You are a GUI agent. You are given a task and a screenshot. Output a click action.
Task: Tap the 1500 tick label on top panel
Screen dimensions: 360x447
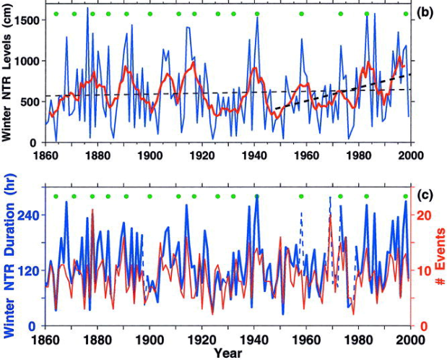click(x=26, y=20)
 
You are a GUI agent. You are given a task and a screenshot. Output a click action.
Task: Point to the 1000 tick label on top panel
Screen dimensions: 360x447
click(x=26, y=61)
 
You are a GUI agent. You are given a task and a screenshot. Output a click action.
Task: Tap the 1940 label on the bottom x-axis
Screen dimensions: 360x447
click(x=254, y=340)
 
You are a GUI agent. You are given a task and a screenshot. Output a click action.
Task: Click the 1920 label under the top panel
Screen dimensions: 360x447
click(x=202, y=155)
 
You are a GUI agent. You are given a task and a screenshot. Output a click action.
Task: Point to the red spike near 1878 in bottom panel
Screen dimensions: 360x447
click(x=93, y=210)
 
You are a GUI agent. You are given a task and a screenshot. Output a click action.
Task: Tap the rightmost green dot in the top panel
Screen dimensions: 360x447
click(x=406, y=14)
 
